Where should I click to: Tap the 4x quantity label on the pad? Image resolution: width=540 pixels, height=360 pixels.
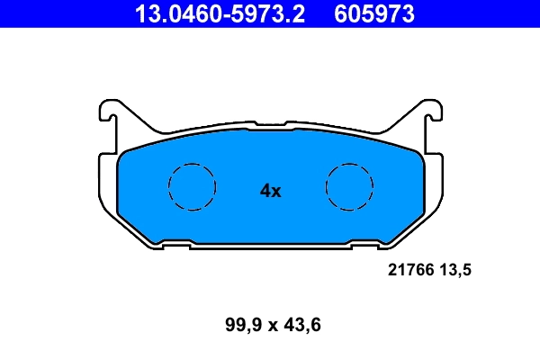click(x=270, y=191)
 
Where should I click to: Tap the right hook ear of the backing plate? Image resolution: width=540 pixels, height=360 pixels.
click(x=429, y=112)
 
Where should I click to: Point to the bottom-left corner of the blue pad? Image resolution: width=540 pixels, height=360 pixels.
click(x=144, y=240)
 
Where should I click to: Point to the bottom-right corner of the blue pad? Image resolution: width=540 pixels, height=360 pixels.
click(x=396, y=240)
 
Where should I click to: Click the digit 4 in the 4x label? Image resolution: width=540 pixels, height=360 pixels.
click(x=265, y=191)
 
